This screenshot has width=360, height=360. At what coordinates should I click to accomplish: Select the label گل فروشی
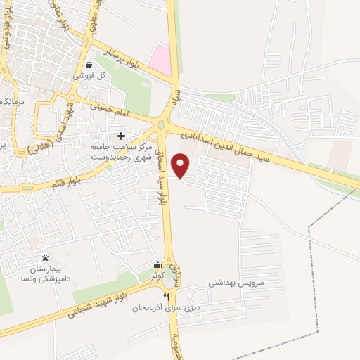click(91, 75)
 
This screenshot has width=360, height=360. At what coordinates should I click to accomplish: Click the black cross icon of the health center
click(121, 134)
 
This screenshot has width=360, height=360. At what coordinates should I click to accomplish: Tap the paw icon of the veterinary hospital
click(45, 257)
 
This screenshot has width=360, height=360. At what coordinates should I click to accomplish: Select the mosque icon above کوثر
click(157, 265)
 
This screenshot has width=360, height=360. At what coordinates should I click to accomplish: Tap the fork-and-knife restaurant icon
click(167, 297)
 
